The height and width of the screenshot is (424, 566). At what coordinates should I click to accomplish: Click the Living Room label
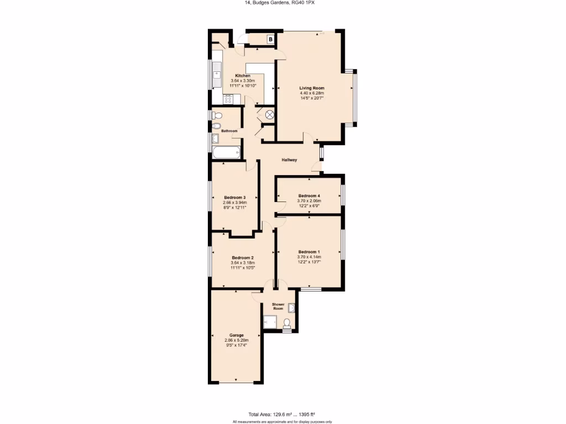click(x=312, y=88)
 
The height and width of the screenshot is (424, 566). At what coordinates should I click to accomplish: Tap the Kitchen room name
click(x=243, y=76)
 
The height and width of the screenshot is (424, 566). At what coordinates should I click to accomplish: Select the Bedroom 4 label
click(x=309, y=196)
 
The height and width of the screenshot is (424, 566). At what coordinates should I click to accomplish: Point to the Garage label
click(x=237, y=335)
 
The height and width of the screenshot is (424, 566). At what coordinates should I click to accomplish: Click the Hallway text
click(x=290, y=160)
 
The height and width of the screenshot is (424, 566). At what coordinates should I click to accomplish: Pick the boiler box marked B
click(x=270, y=39)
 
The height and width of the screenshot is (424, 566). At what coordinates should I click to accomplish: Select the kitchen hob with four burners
click(x=228, y=100)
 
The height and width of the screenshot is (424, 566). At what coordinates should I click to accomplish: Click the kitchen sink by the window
click(x=216, y=73)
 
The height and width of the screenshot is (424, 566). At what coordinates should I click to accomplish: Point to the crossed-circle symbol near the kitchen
click(x=269, y=115)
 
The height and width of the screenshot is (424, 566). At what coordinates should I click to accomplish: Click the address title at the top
click(x=283, y=3)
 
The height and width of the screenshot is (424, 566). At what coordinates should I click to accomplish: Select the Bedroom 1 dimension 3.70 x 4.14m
click(x=309, y=257)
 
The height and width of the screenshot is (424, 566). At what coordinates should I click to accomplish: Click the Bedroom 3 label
click(x=234, y=198)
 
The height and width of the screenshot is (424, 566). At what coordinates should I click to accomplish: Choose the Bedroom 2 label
click(x=243, y=258)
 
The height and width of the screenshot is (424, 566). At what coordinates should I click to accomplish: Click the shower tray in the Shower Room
click(x=270, y=321)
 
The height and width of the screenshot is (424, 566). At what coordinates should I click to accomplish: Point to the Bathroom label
click(x=229, y=131)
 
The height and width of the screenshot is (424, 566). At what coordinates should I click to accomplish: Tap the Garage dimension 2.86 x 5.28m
click(x=237, y=341)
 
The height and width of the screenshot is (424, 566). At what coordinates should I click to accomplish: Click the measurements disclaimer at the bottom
click(x=282, y=421)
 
